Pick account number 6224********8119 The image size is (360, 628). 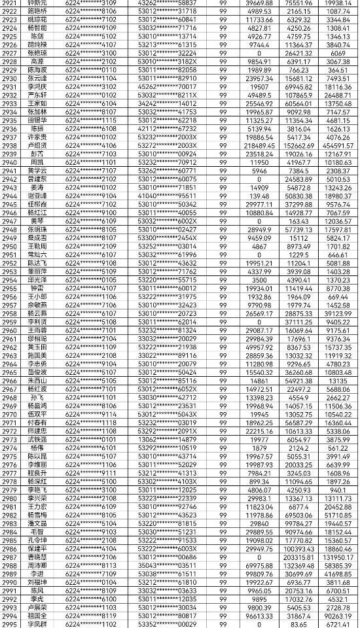pos(91,616)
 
